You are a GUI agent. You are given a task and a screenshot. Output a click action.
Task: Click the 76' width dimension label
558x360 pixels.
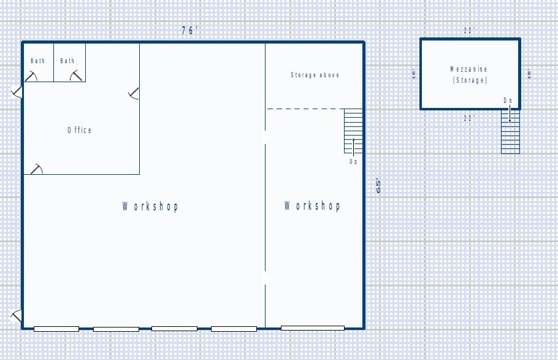tap(189, 31)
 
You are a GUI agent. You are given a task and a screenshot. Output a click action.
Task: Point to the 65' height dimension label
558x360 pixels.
tap(378, 186)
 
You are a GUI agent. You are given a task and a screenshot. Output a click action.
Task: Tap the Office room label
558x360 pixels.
tap(80, 130)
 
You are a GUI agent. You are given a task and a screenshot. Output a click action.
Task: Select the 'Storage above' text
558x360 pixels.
tap(315, 75)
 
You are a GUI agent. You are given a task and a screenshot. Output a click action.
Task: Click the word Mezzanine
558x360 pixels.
tap(469, 69)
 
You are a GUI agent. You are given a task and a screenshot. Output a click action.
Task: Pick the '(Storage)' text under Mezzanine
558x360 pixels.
tap(470, 80)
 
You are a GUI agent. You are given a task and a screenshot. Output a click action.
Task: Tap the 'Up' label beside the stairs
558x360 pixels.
tap(353, 162)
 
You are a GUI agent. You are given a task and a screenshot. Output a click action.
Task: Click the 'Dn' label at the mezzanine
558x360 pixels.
tap(508, 100)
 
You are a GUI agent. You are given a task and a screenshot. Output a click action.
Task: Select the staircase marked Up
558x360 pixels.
tap(353, 131)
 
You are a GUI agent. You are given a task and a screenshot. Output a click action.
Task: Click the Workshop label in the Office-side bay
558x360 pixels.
tap(150, 207)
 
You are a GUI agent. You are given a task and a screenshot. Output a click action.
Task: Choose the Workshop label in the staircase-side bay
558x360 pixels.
tap(312, 205)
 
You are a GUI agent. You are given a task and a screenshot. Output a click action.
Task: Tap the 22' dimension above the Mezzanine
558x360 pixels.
tap(469, 30)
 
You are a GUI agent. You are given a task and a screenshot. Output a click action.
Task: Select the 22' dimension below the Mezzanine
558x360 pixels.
tap(469, 118)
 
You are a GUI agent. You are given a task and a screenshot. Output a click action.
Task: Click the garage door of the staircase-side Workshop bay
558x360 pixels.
tap(313, 329)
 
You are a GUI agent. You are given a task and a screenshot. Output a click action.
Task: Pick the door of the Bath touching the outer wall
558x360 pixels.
tap(31, 75)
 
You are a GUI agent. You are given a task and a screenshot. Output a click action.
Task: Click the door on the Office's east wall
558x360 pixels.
tap(134, 93)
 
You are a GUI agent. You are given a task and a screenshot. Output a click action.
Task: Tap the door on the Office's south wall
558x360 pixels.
tap(37, 169)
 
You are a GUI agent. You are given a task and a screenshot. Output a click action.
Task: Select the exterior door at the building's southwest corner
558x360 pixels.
tap(17, 316)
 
